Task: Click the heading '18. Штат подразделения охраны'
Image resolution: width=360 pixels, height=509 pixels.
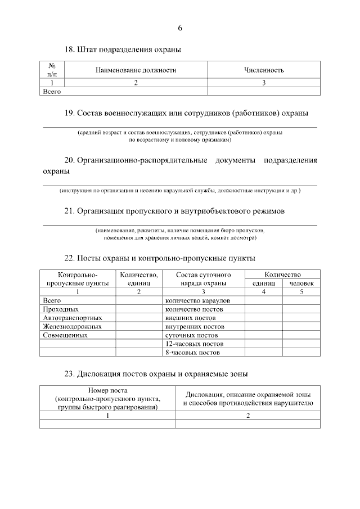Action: coord(123,50)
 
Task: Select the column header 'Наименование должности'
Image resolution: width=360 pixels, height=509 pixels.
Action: coord(136,70)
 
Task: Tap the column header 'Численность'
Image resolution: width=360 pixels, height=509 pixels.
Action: coord(264,70)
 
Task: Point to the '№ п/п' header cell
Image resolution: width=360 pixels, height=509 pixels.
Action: coord(52,70)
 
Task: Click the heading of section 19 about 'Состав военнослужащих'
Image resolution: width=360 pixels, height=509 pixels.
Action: coord(186,113)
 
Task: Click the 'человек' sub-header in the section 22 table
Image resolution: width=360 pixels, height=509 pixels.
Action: coord(301,283)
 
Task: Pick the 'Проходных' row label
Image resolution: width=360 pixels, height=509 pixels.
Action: coord(61,309)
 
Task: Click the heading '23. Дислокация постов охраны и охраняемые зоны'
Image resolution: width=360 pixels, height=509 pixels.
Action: coord(156,373)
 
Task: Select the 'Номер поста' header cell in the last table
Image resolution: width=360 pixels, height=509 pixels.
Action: coord(107,399)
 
